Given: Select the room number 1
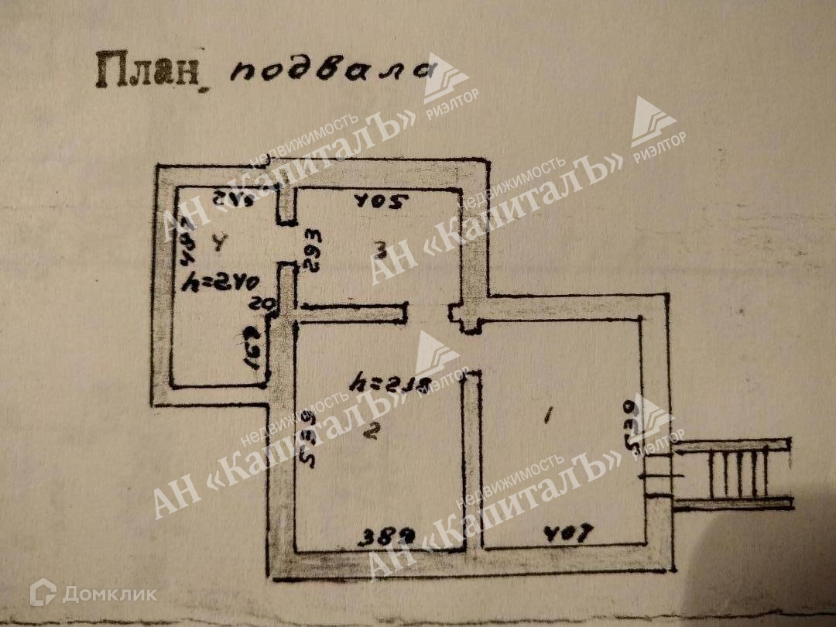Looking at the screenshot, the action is [547, 418].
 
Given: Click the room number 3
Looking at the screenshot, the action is [380, 248].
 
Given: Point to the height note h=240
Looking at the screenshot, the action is [222, 283].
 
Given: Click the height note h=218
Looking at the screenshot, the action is [389, 382].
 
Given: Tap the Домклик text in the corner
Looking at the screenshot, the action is [109, 594].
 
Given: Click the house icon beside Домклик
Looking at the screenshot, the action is [43, 594].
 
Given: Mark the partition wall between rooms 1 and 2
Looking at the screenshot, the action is [472, 461].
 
